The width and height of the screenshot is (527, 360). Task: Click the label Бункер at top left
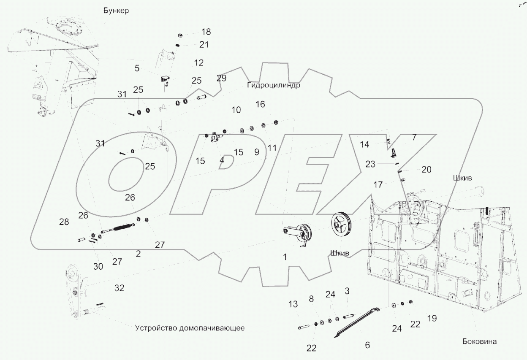coord(116,11)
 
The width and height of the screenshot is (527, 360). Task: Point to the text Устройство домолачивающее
coord(190,328)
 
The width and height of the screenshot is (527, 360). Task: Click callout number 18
coord(206,32)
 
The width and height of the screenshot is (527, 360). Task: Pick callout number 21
coord(204,45)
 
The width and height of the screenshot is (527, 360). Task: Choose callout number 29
coord(221,78)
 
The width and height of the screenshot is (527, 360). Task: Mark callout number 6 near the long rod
coord(367,345)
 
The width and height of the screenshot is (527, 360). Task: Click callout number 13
coord(293,304)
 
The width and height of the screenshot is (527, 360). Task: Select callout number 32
coord(120,288)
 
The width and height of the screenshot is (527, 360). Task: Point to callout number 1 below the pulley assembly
coord(285,257)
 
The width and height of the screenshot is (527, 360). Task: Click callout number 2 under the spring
coord(138,254)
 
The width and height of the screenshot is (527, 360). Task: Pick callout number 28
coord(64,222)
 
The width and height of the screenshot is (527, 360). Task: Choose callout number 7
coord(414,137)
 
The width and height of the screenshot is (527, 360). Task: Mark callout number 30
coord(98,266)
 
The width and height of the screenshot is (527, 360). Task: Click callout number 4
coord(222,160)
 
